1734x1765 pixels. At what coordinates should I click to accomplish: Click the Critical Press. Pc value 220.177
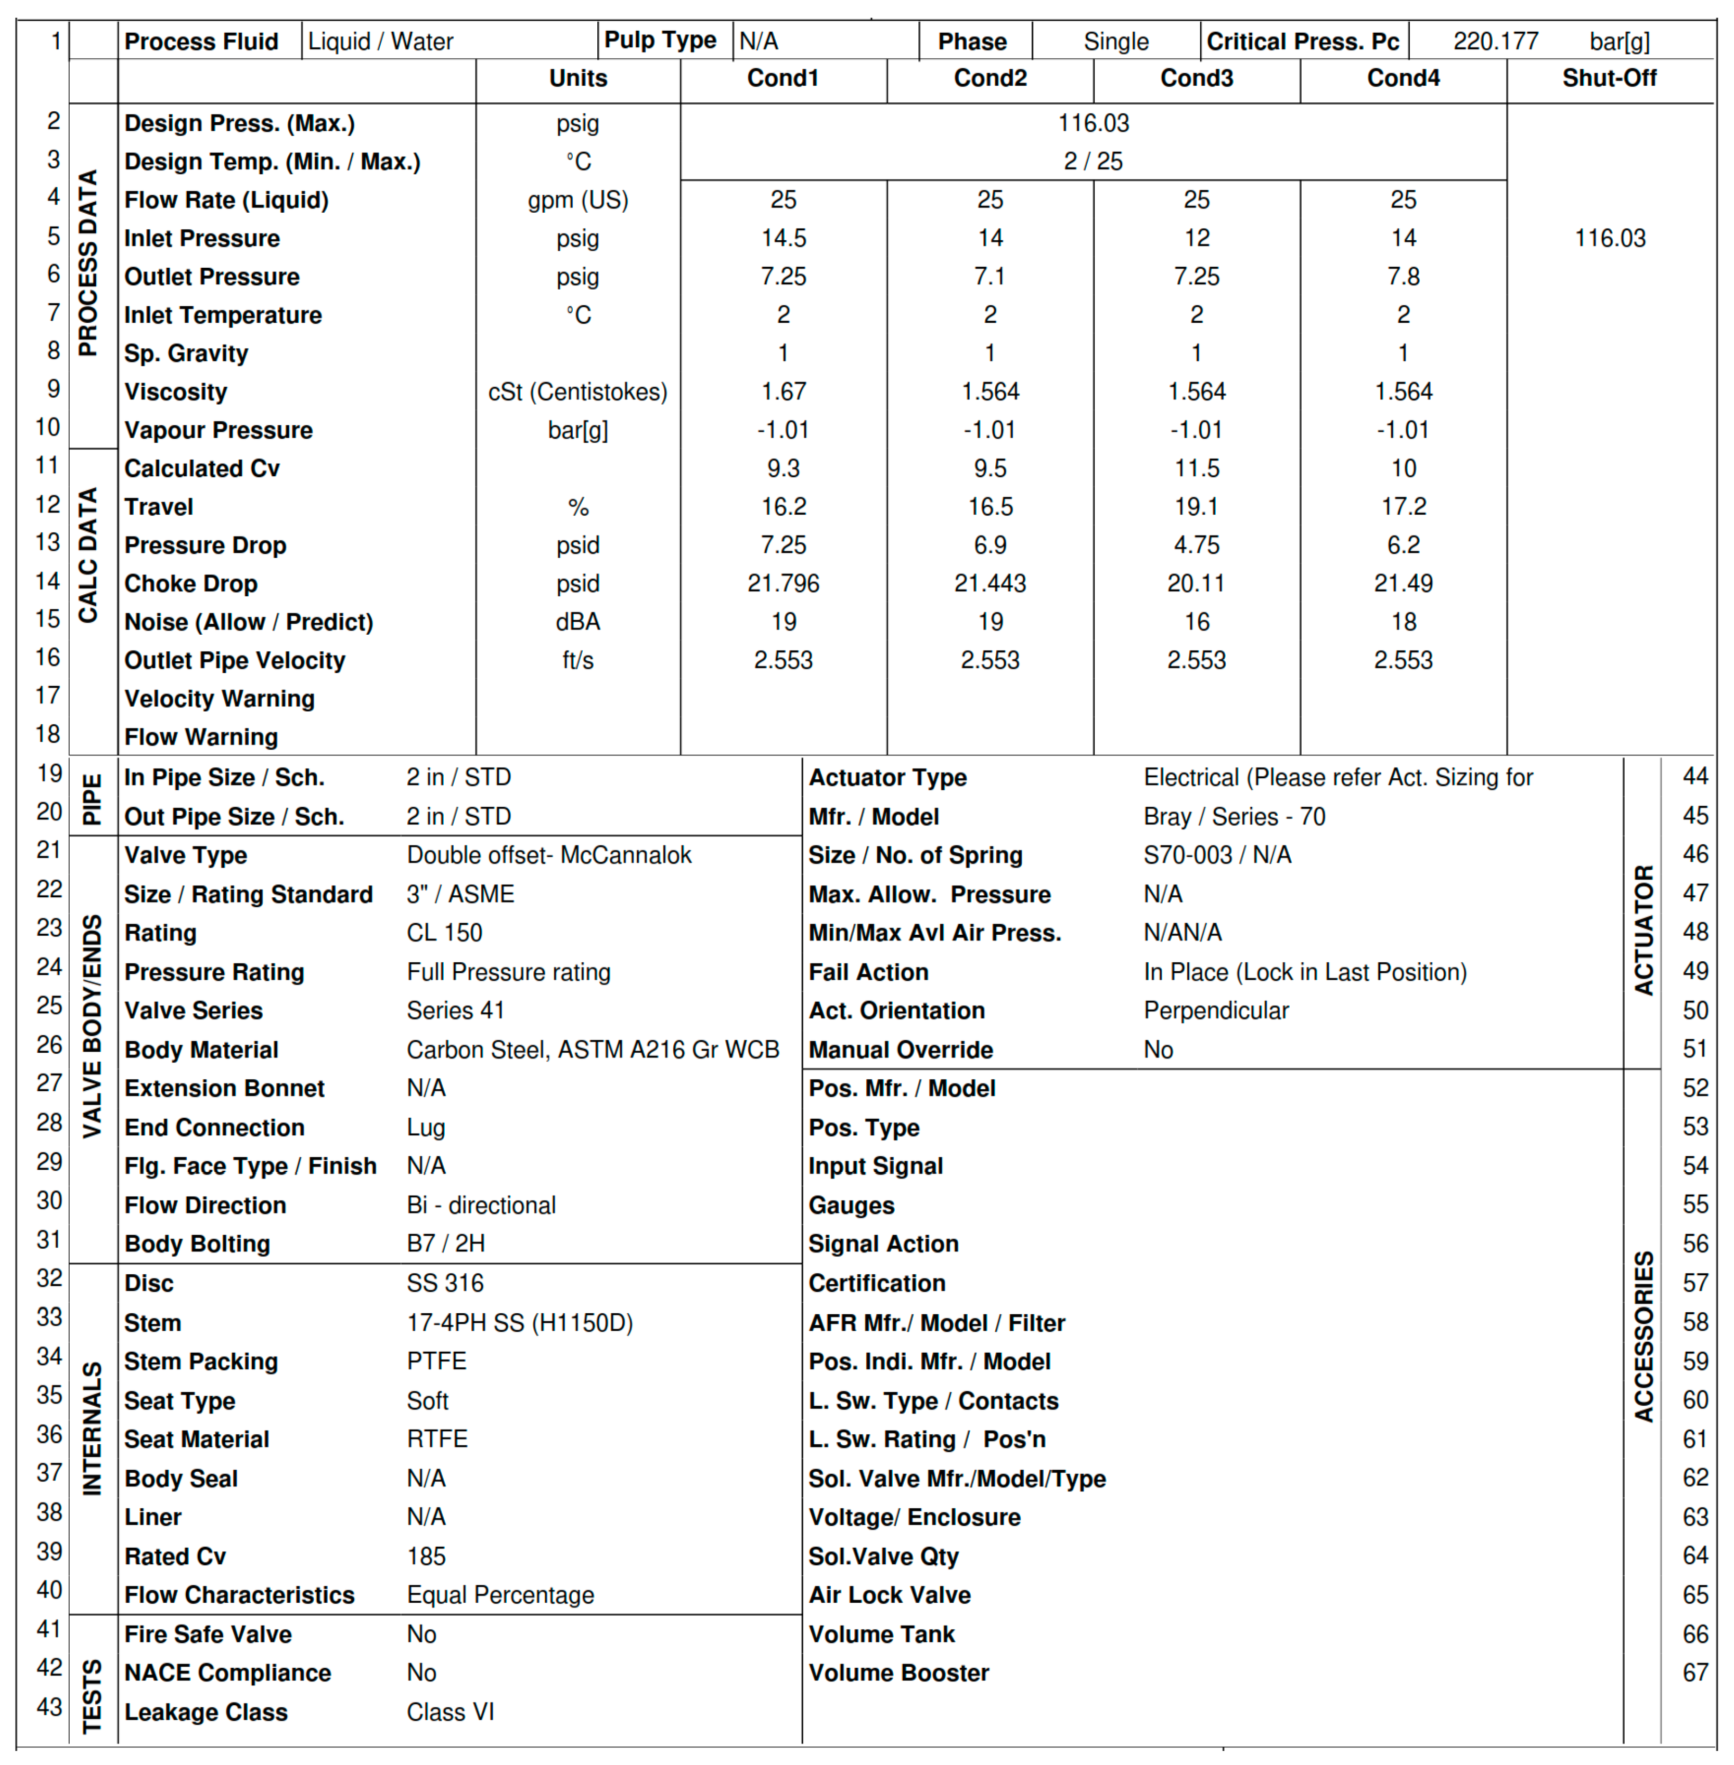click(1495, 41)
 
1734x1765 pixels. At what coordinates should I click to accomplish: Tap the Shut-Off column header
click(1609, 79)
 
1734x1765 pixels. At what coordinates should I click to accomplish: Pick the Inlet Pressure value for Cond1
click(783, 239)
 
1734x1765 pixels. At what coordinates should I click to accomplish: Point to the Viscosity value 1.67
click(783, 391)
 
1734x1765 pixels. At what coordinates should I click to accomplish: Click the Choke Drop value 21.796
click(783, 583)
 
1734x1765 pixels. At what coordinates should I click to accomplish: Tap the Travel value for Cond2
click(990, 507)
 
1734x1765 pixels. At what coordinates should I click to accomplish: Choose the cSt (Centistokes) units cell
click(577, 391)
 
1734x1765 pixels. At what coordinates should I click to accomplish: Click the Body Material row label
click(201, 1050)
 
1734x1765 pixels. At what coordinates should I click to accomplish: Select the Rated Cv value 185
click(426, 1557)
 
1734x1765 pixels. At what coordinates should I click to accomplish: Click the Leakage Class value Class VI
click(450, 1712)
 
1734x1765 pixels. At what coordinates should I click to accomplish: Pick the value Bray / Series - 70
click(1234, 817)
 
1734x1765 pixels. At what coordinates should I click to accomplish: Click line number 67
click(1695, 1673)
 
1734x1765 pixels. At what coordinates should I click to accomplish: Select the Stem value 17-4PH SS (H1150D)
click(519, 1323)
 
